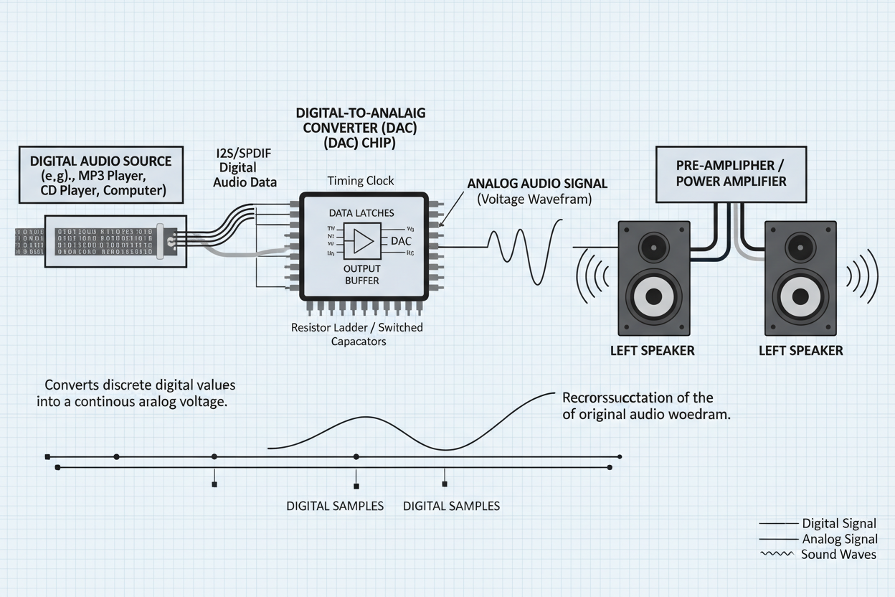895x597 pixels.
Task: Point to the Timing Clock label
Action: click(x=360, y=181)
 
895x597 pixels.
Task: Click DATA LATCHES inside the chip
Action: click(x=361, y=213)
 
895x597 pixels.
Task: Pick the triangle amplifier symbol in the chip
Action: click(x=362, y=241)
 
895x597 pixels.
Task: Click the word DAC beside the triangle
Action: click(x=401, y=241)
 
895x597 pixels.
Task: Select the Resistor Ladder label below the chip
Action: click(x=357, y=328)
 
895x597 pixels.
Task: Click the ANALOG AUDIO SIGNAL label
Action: click(x=537, y=184)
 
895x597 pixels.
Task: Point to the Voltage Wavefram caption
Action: click(x=534, y=200)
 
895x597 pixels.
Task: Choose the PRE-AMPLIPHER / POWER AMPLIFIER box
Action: click(x=731, y=173)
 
